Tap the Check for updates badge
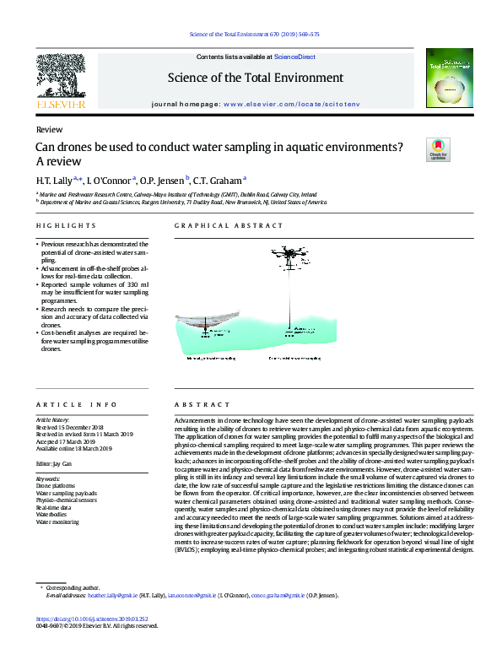coord(439,149)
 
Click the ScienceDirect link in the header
coord(294,57)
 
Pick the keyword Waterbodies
coord(51,513)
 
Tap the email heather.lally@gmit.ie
coord(113,595)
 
